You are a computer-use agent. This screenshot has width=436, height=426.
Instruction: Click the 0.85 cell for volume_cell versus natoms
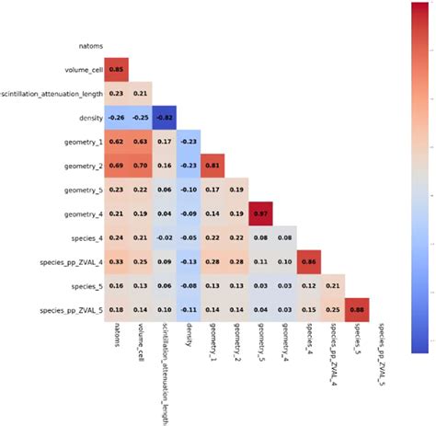117,69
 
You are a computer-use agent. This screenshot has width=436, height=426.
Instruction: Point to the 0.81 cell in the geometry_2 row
213,165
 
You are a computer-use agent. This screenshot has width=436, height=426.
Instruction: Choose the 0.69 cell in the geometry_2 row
117,165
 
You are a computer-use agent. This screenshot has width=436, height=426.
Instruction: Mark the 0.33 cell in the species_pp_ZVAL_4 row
117,260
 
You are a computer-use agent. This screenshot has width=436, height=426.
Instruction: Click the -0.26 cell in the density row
117,117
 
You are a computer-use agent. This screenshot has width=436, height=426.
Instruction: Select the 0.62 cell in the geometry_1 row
117,141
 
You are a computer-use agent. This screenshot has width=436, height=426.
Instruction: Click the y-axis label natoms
90,45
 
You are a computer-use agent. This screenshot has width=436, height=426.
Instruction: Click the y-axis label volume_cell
82,69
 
